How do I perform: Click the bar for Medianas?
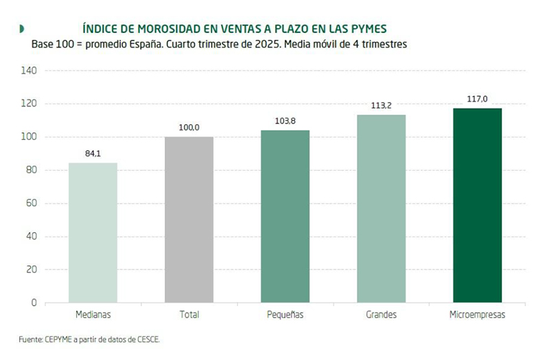[93, 232]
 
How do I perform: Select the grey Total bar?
[189, 219]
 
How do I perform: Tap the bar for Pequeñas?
[285, 216]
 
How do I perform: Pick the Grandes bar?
[381, 208]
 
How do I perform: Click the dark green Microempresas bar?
[478, 205]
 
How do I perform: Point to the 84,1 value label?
[93, 154]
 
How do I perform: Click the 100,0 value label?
[189, 128]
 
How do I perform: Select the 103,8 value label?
[285, 121]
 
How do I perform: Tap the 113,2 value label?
[381, 106]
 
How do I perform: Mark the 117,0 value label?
[478, 99]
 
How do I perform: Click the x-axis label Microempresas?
[478, 315]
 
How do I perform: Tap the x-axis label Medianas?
[93, 315]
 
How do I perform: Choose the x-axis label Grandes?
[381, 315]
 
